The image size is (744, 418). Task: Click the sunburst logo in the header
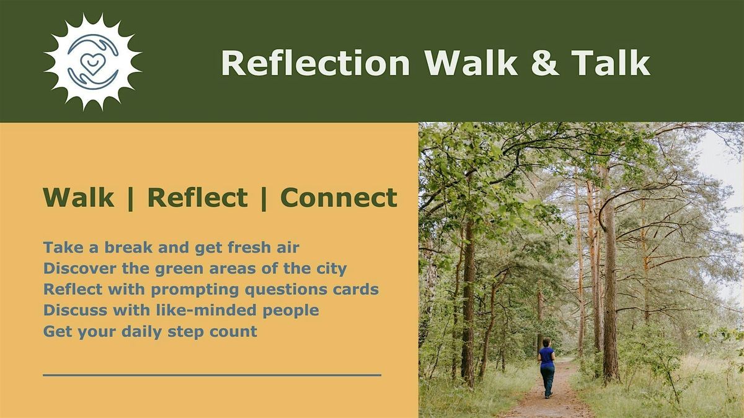coord(92,62)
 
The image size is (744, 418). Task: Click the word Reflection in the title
coord(316,63)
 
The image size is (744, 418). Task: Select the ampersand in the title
coord(545,63)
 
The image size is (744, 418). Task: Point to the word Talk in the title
coord(611,63)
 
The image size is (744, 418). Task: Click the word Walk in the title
coord(471,63)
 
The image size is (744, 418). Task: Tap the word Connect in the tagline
coord(339,197)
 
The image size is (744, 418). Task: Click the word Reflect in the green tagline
coord(198,197)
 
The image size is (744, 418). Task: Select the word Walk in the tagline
coord(79,197)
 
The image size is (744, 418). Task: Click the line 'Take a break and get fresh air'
coord(171,248)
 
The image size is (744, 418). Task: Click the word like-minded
coord(206,310)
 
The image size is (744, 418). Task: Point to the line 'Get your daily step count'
coord(150,331)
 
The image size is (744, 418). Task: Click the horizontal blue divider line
coord(212,375)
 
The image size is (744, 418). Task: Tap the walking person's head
coord(546,342)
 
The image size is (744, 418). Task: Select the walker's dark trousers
coord(547,380)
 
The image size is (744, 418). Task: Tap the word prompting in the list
coord(195,290)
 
